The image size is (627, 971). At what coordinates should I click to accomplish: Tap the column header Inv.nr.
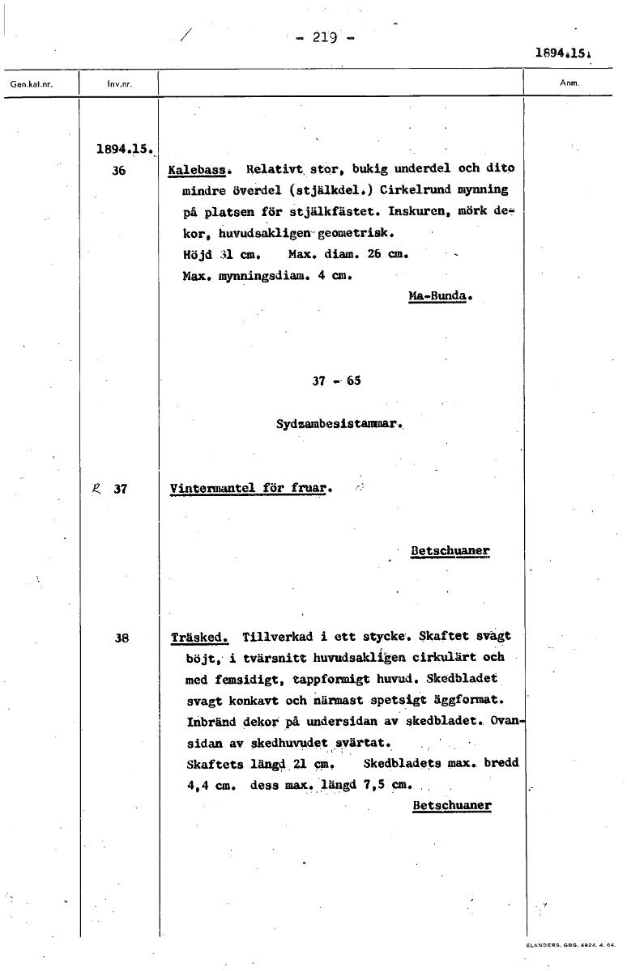pyautogui.click(x=119, y=84)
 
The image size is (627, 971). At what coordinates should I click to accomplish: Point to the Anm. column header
pyautogui.click(x=566, y=83)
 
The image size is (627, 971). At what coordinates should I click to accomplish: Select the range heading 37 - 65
pyautogui.click(x=336, y=381)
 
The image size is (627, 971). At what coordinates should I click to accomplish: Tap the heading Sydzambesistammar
pyautogui.click(x=339, y=423)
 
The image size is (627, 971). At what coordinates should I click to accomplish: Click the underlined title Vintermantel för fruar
pyautogui.click(x=248, y=489)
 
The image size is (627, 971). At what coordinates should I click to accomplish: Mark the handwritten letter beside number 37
pyautogui.click(x=96, y=488)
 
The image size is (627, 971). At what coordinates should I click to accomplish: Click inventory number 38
pyautogui.click(x=122, y=638)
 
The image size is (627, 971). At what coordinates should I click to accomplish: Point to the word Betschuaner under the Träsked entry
pyautogui.click(x=451, y=806)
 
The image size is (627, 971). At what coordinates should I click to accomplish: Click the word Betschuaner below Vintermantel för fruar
pyautogui.click(x=450, y=551)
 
